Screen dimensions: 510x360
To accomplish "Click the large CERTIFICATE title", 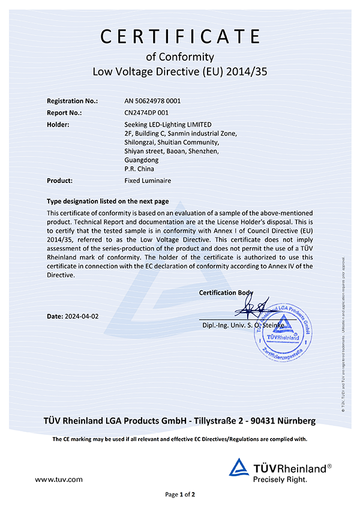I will [180, 37].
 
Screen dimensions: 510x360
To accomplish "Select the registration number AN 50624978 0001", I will [152, 101].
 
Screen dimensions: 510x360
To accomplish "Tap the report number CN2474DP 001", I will [147, 113].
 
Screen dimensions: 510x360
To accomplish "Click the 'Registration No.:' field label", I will [72, 101].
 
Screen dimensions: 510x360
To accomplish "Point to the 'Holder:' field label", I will [58, 124].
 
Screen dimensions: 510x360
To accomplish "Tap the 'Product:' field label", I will [60, 180].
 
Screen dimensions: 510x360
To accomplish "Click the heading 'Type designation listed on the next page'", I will [108, 202].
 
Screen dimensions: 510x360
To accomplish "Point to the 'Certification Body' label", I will [226, 293].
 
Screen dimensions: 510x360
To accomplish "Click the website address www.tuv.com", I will [59, 479].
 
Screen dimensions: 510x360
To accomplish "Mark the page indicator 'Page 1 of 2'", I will [180, 495].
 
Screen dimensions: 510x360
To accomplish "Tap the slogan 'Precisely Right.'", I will [280, 479].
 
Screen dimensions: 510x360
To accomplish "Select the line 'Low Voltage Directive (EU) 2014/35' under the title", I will [180, 72].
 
